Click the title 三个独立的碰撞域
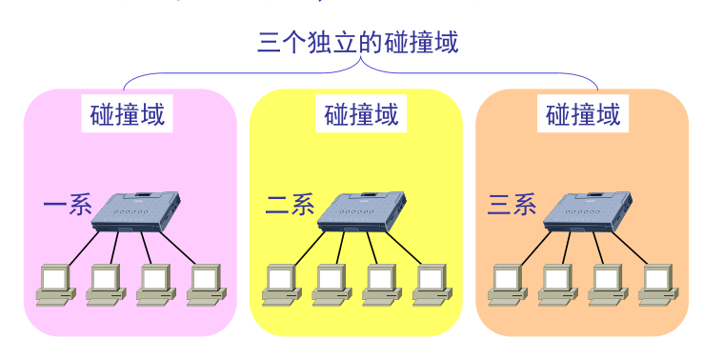coord(358,43)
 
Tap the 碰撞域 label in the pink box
coord(127,115)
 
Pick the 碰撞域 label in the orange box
coord(583,115)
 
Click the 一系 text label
coord(66,205)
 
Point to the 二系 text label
coord(290,205)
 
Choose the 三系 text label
coord(512,205)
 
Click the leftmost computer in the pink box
coord(55,284)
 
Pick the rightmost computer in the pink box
coord(205,284)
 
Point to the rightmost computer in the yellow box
coord(431,284)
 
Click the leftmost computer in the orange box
coord(507,284)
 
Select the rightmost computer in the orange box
coord(656,284)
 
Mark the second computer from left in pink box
coord(105,284)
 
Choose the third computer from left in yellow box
coord(380,284)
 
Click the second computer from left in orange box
coord(556,284)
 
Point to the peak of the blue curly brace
coord(361,62)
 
